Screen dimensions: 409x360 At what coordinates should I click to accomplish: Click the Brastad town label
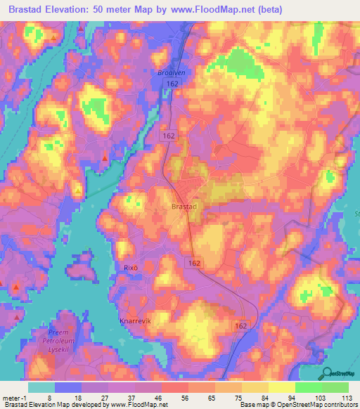tap(184, 207)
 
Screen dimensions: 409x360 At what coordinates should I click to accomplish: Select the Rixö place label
tap(131, 268)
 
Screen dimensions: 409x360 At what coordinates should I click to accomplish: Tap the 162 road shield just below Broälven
tap(173, 83)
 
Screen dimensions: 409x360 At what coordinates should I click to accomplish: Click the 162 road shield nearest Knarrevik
tap(241, 326)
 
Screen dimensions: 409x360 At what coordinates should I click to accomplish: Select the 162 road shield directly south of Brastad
tap(195, 261)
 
